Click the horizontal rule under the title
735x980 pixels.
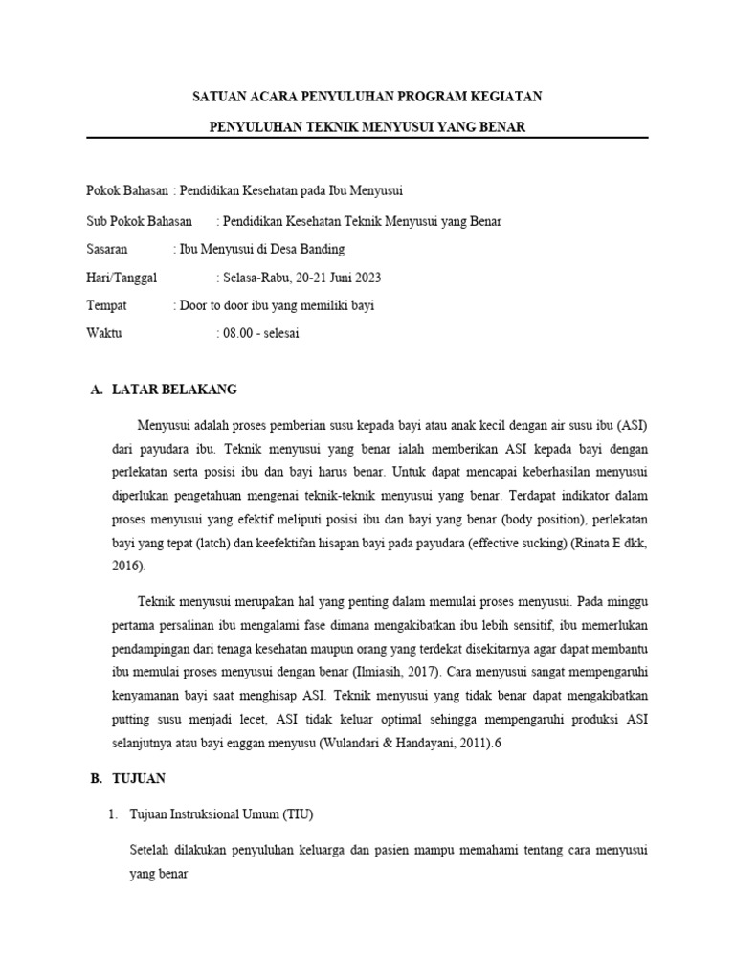click(367, 138)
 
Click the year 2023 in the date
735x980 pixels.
click(366, 278)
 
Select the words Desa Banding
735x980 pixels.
click(286, 250)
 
